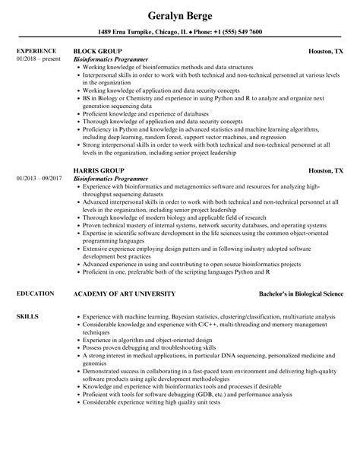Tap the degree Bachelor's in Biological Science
299,293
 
